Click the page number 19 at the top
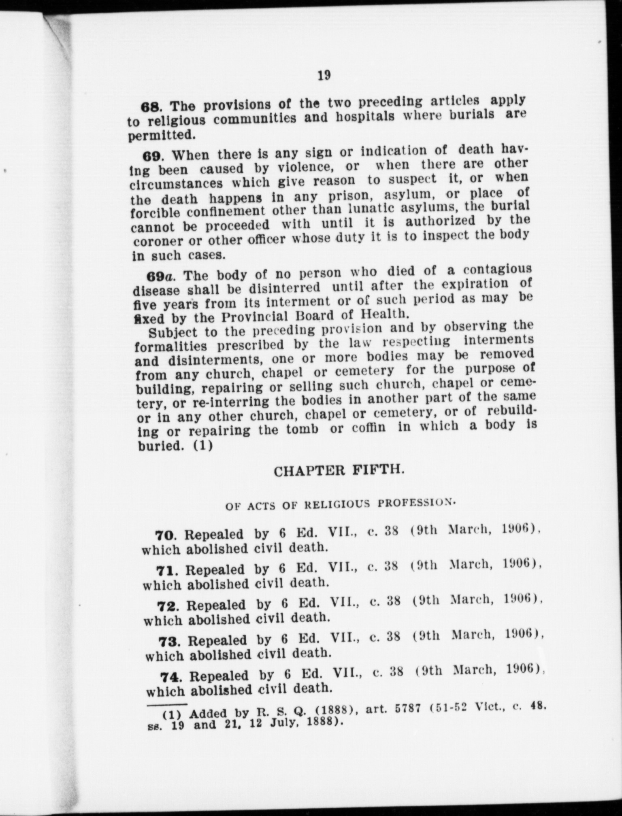(324, 76)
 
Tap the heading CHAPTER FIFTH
(339, 471)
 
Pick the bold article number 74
(170, 676)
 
